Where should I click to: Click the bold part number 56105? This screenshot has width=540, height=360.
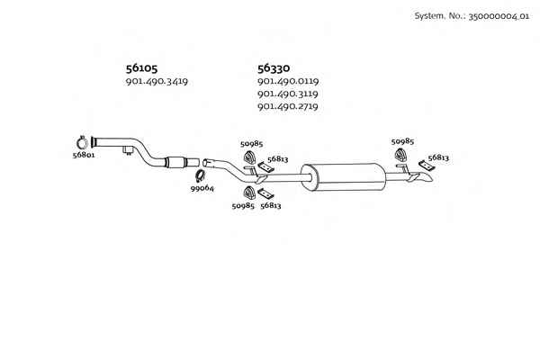click(x=141, y=68)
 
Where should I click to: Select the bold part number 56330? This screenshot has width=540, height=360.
click(x=274, y=68)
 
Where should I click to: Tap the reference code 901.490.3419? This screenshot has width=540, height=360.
click(x=157, y=82)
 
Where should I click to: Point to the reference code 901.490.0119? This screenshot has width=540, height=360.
click(x=288, y=81)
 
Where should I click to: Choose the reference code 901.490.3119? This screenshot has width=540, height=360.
click(x=288, y=94)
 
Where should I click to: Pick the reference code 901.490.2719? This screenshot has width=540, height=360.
click(x=288, y=106)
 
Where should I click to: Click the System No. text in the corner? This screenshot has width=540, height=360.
click(x=472, y=16)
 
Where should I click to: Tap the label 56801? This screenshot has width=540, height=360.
click(x=84, y=155)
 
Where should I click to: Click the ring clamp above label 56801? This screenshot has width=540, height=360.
click(x=82, y=142)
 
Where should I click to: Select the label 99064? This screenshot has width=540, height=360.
click(x=202, y=188)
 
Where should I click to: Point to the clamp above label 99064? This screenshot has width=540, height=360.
click(x=200, y=176)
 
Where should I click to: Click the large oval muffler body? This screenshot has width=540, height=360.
click(x=344, y=177)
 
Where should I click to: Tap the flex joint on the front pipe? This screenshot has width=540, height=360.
click(x=175, y=162)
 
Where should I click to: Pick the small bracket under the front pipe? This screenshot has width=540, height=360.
click(x=128, y=150)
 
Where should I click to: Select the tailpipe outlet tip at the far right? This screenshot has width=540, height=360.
click(x=426, y=178)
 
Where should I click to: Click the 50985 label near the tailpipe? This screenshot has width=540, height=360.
click(x=402, y=141)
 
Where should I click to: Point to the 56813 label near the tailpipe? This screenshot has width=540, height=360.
click(x=438, y=157)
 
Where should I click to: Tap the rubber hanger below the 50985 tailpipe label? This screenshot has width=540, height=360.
click(x=400, y=156)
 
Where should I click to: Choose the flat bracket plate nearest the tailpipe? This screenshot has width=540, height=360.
click(x=427, y=166)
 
